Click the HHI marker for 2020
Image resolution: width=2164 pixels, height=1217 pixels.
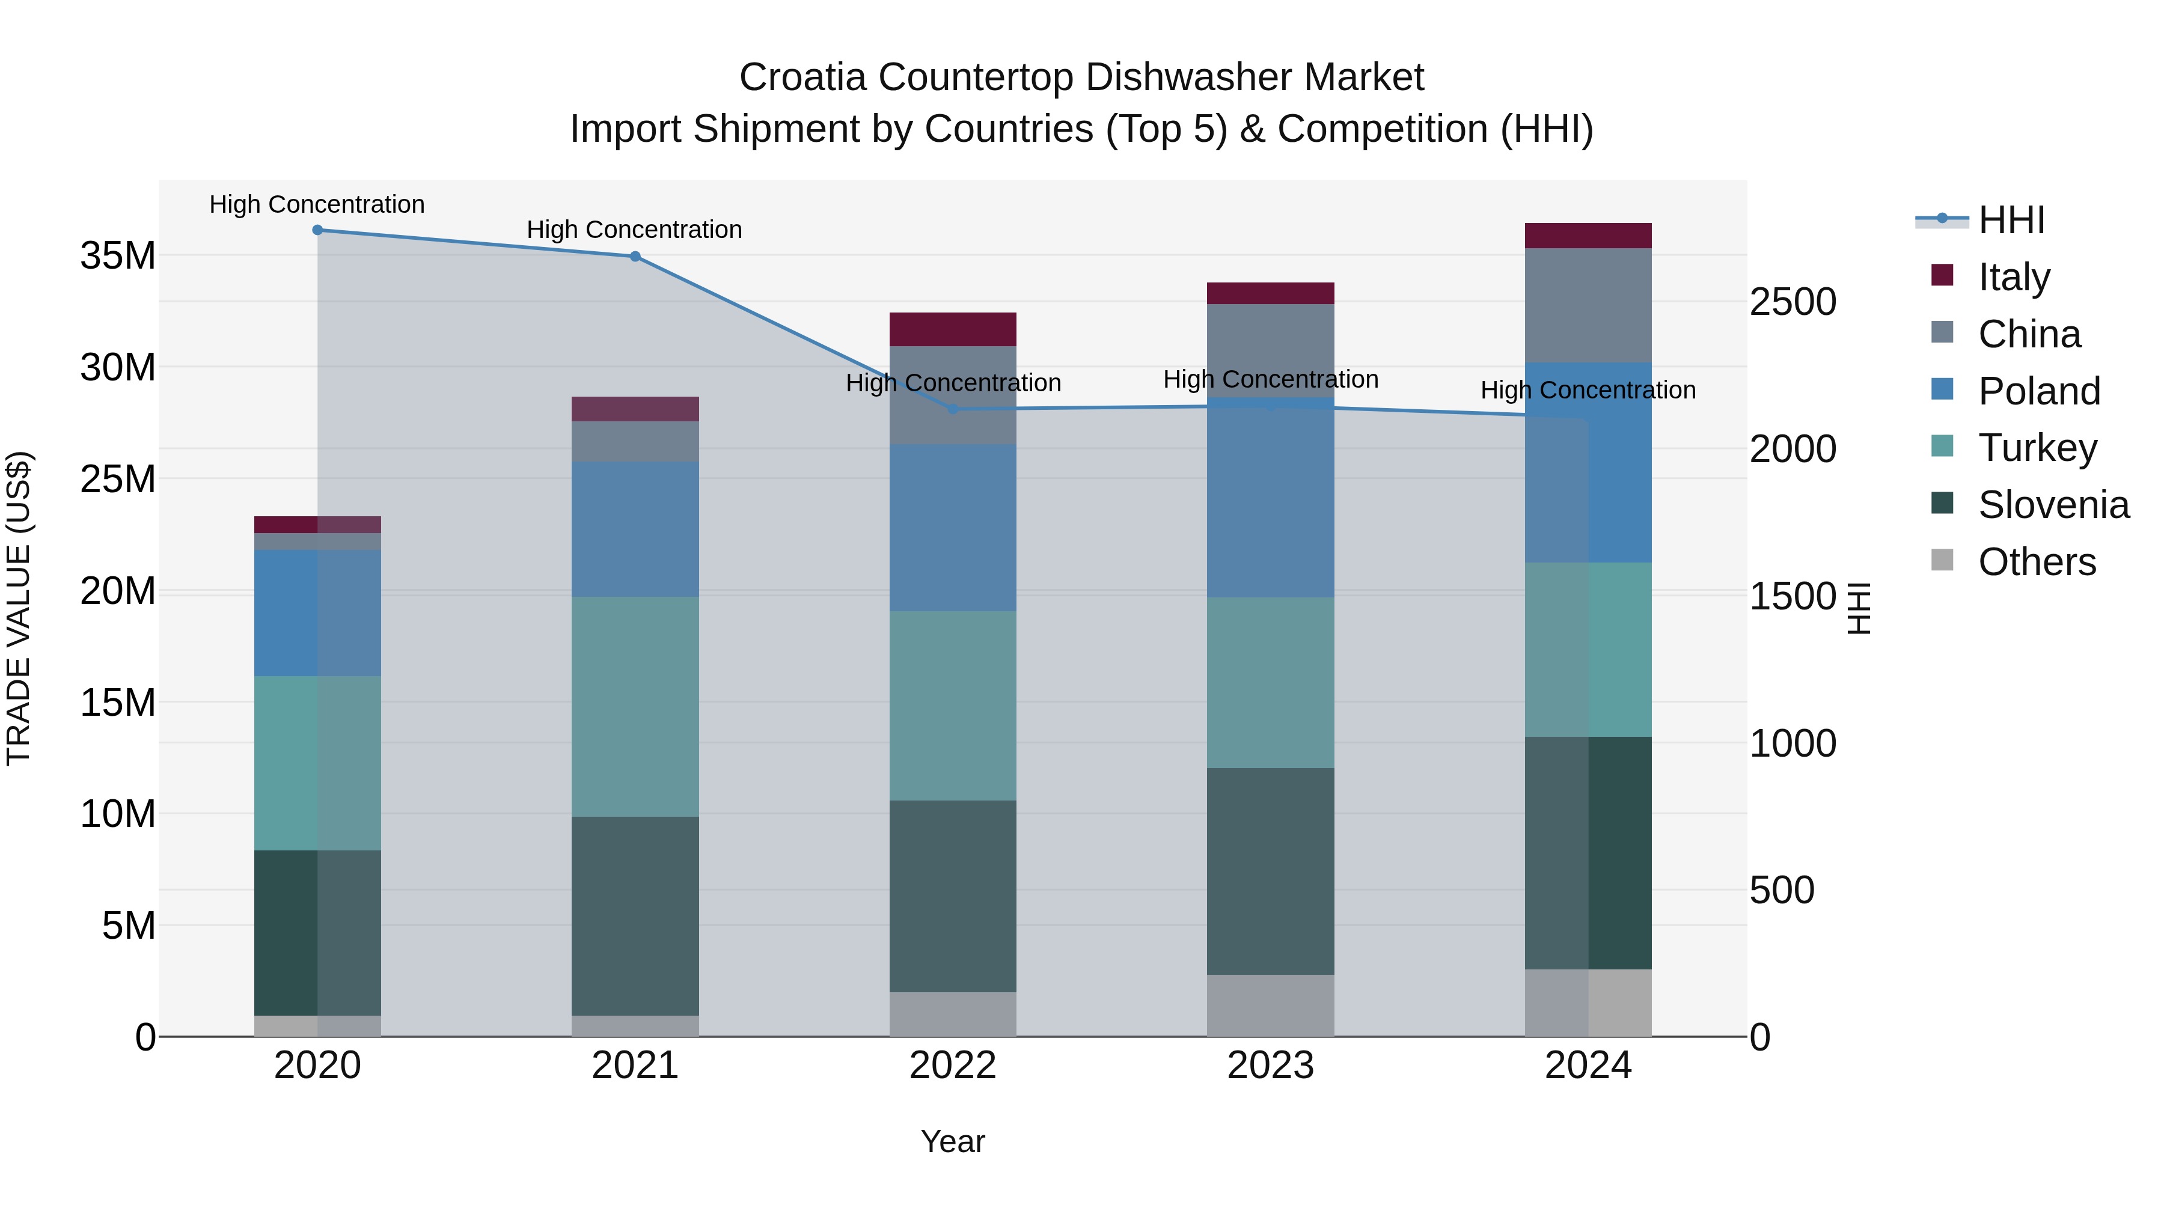[x=317, y=230]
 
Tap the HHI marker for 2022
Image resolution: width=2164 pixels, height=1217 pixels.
[x=953, y=410]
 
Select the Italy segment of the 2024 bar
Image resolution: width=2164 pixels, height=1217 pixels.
[x=1588, y=236]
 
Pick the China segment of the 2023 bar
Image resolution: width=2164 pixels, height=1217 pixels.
[x=1270, y=350]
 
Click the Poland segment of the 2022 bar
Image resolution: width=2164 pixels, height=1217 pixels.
[x=953, y=528]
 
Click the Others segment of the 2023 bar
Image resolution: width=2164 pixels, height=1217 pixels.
[x=1270, y=1005]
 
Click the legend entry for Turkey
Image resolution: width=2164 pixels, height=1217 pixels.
[x=2037, y=448]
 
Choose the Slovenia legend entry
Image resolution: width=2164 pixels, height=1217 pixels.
[x=2052, y=505]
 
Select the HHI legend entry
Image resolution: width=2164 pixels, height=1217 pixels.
[x=2010, y=220]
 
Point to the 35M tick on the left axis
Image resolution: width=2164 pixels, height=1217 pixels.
[x=118, y=255]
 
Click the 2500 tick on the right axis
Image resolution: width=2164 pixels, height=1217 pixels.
[x=1793, y=302]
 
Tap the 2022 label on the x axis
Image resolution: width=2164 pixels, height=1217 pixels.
[x=953, y=1066]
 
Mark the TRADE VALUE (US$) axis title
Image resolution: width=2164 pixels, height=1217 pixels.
[x=19, y=608]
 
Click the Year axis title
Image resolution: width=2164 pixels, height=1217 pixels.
[x=953, y=1141]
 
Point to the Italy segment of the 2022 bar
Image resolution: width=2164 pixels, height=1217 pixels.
[x=953, y=329]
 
